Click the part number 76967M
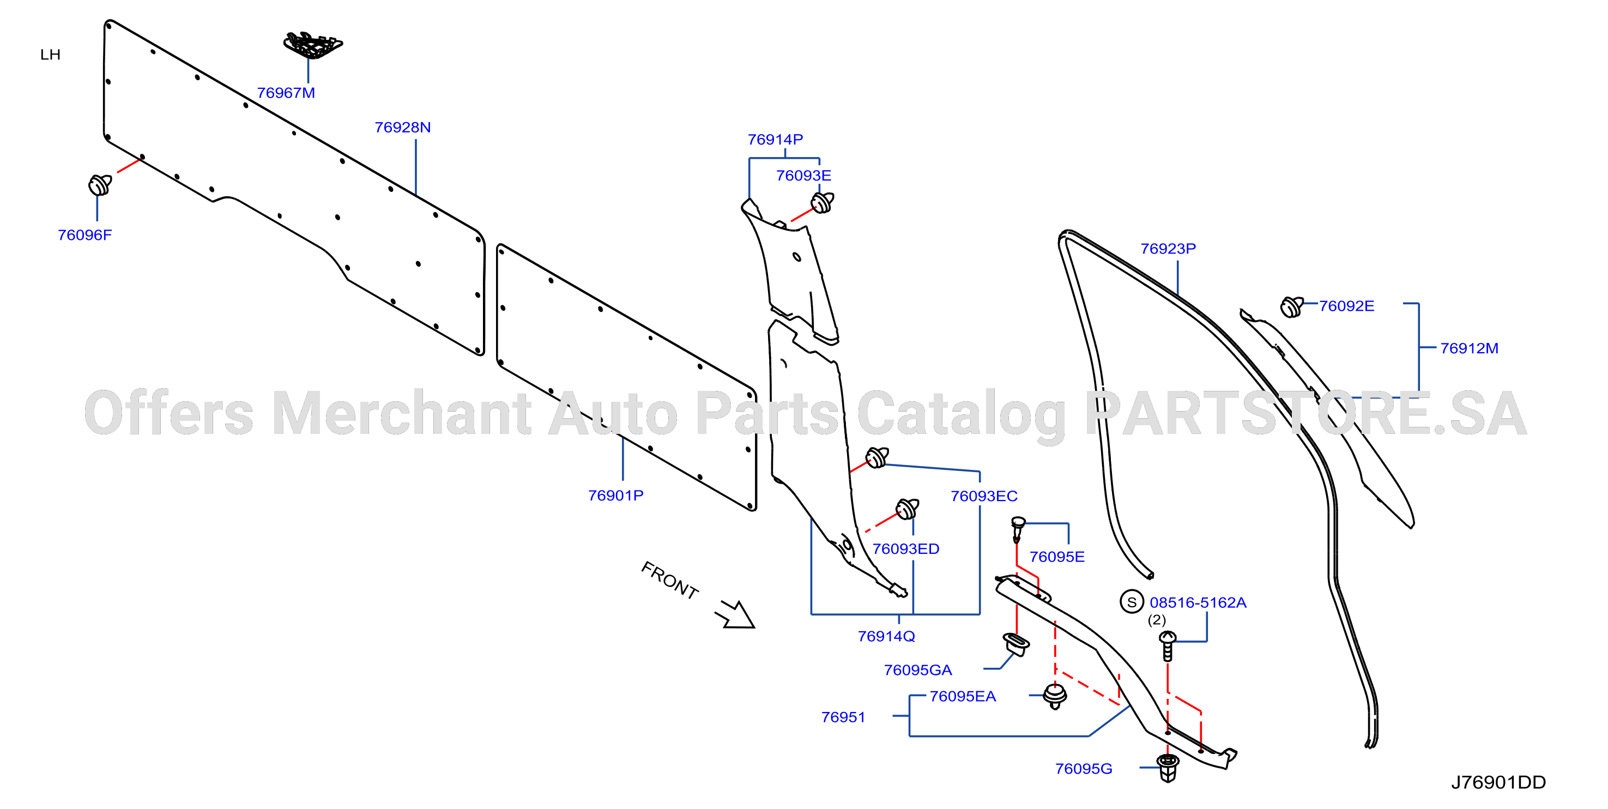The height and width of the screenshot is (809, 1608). click(286, 93)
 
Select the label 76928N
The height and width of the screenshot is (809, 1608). click(403, 128)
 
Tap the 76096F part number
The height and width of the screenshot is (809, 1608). click(85, 236)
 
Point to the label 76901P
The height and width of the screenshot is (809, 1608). click(615, 496)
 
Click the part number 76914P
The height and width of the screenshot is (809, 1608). click(775, 140)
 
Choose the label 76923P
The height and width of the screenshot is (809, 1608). click(1168, 249)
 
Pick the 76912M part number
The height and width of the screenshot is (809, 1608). click(1469, 348)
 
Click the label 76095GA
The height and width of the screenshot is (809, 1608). click(917, 671)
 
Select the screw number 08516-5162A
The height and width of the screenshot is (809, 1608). click(1198, 603)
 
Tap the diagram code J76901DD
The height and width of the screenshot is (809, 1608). click(1498, 783)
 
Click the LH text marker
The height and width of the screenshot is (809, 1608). click(51, 55)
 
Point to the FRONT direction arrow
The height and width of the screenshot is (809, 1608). click(737, 615)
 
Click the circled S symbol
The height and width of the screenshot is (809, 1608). click(1132, 602)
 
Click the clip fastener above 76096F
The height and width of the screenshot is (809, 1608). click(100, 185)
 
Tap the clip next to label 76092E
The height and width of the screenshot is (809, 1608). click(1291, 306)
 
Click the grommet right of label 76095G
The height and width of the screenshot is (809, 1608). click(1167, 768)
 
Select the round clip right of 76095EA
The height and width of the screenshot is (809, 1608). click(1055, 696)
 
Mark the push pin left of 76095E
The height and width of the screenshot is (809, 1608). click(1018, 529)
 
